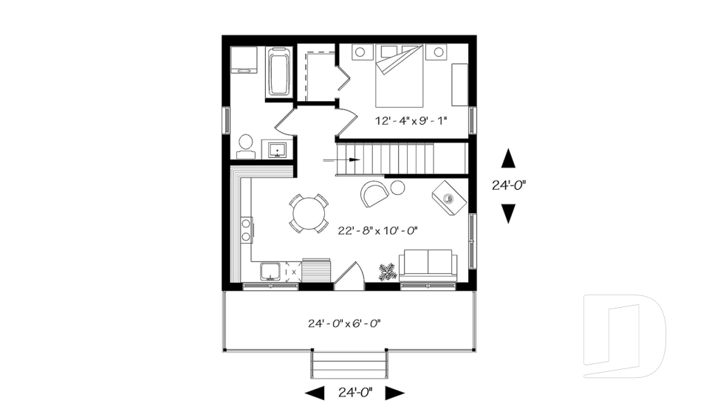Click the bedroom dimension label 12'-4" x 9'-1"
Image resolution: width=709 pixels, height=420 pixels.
click(411, 120)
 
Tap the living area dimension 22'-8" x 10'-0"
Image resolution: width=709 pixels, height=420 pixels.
click(378, 230)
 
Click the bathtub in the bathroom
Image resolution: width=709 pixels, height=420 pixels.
click(278, 72)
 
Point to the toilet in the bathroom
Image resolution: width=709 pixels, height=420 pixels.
click(245, 145)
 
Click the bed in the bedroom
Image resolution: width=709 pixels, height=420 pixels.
click(400, 76)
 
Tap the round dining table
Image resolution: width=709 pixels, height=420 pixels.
click(309, 213)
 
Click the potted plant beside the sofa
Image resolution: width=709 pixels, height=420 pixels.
click(387, 272)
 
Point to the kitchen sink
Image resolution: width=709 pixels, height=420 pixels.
click(270, 272)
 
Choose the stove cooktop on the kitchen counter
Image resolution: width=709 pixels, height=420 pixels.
click(246, 230)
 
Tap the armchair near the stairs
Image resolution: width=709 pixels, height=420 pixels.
click(374, 193)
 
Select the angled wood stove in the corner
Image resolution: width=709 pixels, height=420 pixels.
click(449, 197)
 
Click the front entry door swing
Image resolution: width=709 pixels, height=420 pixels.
click(351, 276)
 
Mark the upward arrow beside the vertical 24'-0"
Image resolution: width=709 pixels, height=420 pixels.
click(508, 158)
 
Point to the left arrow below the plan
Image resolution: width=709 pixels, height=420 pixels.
click(315, 393)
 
